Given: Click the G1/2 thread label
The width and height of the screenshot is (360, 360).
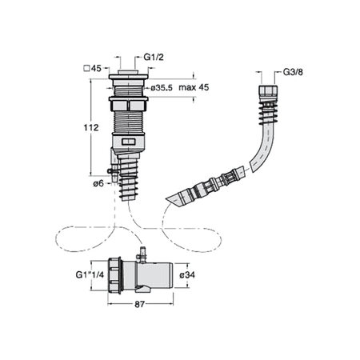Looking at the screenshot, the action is (154, 57).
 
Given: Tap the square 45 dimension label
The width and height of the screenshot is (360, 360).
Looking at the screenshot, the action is (93, 69).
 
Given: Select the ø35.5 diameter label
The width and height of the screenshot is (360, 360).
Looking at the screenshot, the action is (162, 87).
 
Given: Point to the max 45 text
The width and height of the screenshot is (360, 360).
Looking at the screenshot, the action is (194, 87).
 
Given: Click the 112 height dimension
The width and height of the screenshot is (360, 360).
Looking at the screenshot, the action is (91, 127).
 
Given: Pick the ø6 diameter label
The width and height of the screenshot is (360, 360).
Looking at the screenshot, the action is (98, 183).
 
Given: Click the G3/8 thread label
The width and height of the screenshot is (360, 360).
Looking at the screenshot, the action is (293, 72).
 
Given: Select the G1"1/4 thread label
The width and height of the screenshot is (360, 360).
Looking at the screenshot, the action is (90, 274).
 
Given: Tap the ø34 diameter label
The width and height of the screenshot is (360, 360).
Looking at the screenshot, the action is (187, 274).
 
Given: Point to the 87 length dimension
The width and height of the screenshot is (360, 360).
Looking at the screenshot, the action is (139, 304).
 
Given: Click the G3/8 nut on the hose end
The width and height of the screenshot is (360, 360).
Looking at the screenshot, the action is (268, 90).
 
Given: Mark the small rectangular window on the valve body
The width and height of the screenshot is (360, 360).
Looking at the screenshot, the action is (129, 142).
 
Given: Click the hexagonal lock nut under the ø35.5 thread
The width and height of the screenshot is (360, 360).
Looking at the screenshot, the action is (128, 104).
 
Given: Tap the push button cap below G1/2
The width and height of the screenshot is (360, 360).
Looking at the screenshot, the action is (128, 72).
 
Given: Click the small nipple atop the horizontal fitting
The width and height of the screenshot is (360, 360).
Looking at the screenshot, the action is (143, 255).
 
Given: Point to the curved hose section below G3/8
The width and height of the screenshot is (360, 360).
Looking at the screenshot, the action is (262, 148).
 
